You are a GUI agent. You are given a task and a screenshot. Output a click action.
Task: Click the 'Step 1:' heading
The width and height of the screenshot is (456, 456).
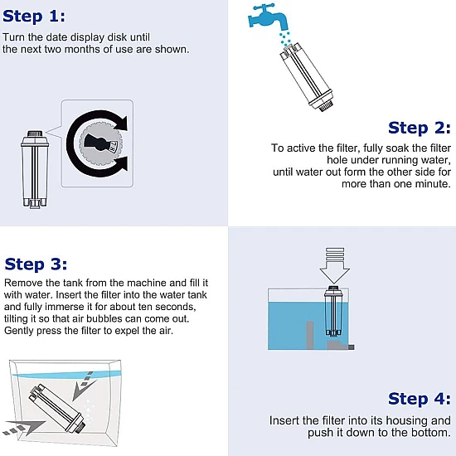(x=34, y=16)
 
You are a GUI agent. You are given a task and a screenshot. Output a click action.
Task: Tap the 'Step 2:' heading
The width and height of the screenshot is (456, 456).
(x=420, y=128)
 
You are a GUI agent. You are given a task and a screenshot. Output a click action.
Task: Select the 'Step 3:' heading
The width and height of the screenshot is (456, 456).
(x=36, y=264)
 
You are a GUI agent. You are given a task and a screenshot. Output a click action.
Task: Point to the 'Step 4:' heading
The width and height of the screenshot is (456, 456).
(x=420, y=399)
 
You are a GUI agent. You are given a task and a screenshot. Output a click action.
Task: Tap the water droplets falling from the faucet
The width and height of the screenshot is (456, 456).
(x=285, y=39)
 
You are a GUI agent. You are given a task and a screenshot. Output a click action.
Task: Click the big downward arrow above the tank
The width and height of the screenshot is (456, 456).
(x=335, y=265)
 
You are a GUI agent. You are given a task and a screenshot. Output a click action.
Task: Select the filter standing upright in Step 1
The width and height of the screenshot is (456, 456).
(x=35, y=169)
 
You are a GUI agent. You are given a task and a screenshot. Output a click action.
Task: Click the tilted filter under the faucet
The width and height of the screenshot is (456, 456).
(x=308, y=77)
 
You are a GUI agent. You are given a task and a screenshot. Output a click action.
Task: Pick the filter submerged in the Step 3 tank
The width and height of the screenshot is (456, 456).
(x=57, y=408)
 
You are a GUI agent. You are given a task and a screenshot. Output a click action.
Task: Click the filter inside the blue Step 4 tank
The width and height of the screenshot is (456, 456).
(x=333, y=312)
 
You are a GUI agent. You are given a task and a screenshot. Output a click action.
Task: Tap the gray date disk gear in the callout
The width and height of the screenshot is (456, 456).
(x=100, y=143)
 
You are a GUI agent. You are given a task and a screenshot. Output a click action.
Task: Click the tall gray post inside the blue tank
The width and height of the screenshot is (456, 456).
(x=310, y=335)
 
